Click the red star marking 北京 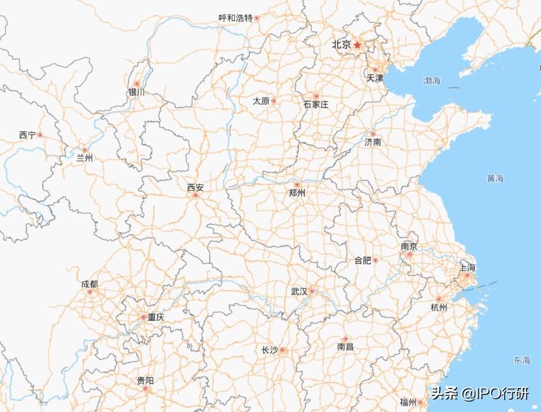(357, 45)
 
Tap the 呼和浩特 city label (235, 18)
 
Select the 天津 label (375, 78)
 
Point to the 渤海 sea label (432, 81)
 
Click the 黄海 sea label (495, 178)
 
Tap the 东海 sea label (521, 360)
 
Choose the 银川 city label (137, 92)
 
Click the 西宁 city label (27, 135)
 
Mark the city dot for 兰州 (85, 150)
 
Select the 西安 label (195, 187)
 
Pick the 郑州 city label (298, 193)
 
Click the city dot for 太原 (274, 101)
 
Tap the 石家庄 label (316, 104)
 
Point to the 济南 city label (373, 142)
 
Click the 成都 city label (90, 284)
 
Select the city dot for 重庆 (144, 318)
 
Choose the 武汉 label (299, 291)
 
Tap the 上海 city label (467, 268)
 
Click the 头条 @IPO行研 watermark (479, 394)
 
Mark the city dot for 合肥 (375, 260)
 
